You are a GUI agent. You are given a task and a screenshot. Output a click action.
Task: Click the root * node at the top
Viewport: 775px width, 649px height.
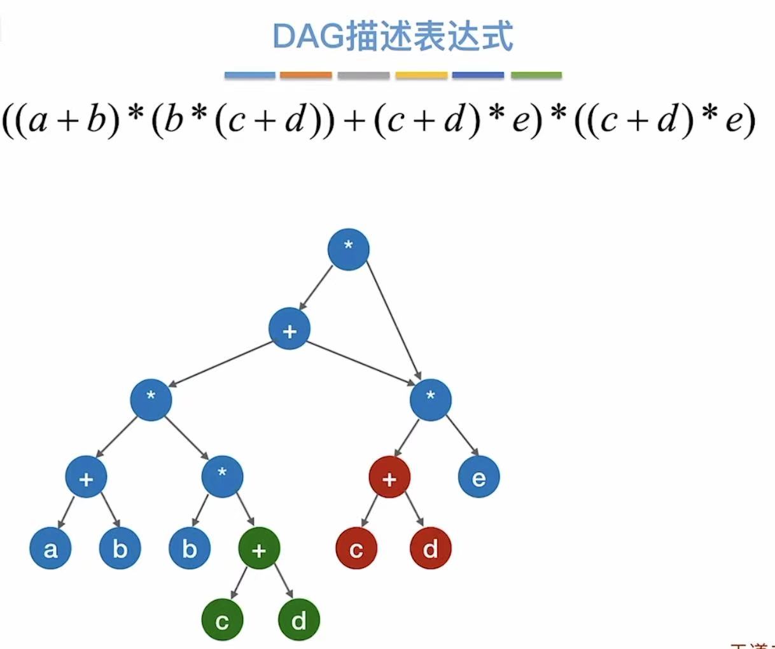point(348,249)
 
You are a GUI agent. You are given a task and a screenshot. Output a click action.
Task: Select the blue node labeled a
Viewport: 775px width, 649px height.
point(50,548)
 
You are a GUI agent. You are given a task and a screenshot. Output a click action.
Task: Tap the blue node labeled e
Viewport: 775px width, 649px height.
point(478,477)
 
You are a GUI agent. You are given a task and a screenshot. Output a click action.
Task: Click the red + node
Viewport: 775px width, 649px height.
point(389,477)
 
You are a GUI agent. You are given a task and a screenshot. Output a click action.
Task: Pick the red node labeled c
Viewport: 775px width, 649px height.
point(356,548)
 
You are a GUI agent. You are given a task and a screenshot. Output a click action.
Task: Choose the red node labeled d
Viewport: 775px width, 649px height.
point(431,548)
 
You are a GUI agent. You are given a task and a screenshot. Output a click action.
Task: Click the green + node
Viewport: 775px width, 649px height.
point(259,549)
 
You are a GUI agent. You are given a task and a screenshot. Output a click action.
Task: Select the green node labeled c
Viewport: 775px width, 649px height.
point(222,620)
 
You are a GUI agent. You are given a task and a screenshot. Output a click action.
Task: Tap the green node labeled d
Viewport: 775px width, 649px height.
point(298,620)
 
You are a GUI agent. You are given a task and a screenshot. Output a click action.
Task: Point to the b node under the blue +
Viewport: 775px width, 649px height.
point(120,548)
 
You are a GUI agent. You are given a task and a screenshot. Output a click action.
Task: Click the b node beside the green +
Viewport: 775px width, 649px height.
point(189,548)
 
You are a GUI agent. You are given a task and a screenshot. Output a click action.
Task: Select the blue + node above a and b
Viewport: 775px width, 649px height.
point(86,477)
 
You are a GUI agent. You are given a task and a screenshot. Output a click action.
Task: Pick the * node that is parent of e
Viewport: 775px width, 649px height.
point(431,400)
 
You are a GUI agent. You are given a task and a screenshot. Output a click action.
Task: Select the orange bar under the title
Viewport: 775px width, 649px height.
point(306,75)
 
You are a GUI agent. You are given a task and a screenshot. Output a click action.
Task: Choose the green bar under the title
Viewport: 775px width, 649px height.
point(536,75)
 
